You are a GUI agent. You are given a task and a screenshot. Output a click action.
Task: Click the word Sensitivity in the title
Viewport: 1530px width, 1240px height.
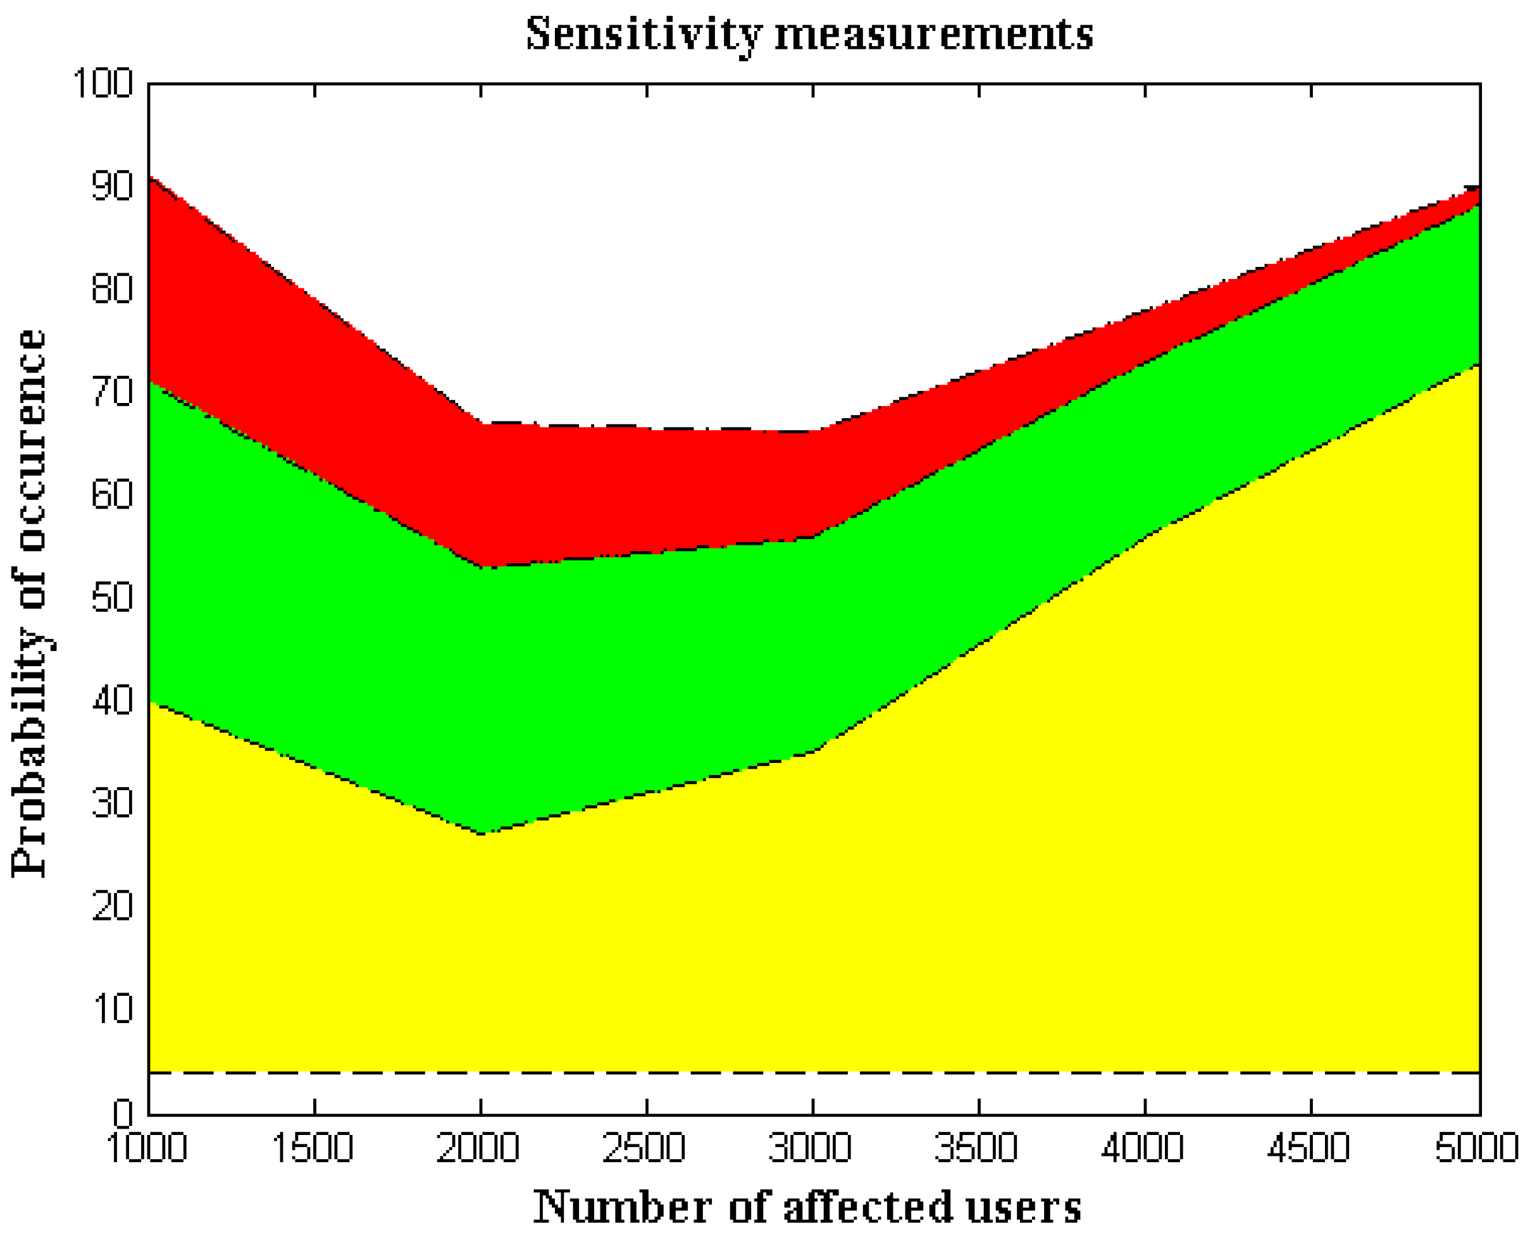[644, 34]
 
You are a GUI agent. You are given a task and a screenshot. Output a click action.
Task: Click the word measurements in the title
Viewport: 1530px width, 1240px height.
[933, 34]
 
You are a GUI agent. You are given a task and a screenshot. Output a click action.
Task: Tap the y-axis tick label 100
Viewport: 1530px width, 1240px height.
[104, 84]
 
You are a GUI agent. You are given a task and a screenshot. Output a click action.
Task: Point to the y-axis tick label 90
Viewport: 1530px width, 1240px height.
[112, 187]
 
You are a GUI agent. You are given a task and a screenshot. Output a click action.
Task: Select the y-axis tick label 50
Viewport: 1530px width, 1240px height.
[112, 598]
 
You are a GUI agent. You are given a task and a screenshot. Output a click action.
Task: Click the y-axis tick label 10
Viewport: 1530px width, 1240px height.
[112, 1009]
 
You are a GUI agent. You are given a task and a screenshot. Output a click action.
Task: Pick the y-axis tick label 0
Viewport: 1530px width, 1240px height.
[123, 1112]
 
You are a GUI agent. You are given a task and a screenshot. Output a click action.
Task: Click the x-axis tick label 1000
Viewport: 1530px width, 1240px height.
[147, 1148]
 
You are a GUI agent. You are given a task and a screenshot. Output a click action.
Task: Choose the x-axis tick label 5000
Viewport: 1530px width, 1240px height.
[1477, 1148]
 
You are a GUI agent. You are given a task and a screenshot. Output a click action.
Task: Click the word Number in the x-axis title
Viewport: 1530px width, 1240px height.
[621, 1207]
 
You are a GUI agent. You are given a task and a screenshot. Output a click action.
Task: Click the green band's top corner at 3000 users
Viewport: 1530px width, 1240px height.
[814, 537]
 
